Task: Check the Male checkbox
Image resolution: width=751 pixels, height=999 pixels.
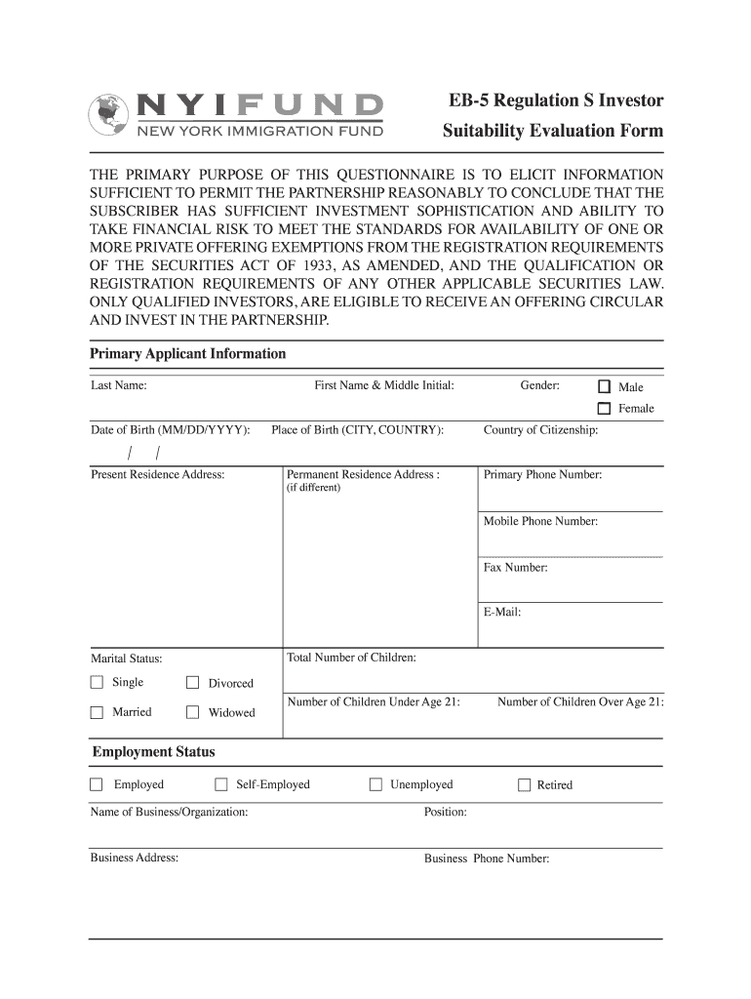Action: click(x=605, y=386)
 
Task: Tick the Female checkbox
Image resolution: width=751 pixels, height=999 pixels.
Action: click(x=605, y=409)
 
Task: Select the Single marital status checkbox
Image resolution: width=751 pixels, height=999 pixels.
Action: click(x=97, y=682)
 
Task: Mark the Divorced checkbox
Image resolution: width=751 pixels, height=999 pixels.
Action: click(x=192, y=683)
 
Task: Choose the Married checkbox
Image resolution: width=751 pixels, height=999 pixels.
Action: click(x=97, y=712)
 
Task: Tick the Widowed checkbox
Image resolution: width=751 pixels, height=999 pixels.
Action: click(x=192, y=712)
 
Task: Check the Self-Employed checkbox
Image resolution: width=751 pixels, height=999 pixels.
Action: click(x=220, y=784)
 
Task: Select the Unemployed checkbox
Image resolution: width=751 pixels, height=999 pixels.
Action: click(x=375, y=784)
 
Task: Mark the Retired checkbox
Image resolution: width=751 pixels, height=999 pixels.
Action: click(x=524, y=785)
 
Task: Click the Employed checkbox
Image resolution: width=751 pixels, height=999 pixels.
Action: click(x=97, y=784)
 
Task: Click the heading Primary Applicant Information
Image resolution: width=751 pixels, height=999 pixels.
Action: click(x=188, y=354)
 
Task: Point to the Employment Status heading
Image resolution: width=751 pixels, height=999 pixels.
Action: click(x=154, y=752)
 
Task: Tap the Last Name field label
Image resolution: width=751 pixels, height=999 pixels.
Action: click(x=119, y=385)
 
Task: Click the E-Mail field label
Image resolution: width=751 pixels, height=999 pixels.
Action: click(x=502, y=613)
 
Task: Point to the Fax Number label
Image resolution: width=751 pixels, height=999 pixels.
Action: click(x=516, y=567)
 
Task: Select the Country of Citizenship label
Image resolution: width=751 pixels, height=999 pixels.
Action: click(x=541, y=430)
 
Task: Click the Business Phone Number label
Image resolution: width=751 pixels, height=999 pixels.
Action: click(x=487, y=859)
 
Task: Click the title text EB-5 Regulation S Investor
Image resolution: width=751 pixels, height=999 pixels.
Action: click(x=553, y=101)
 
